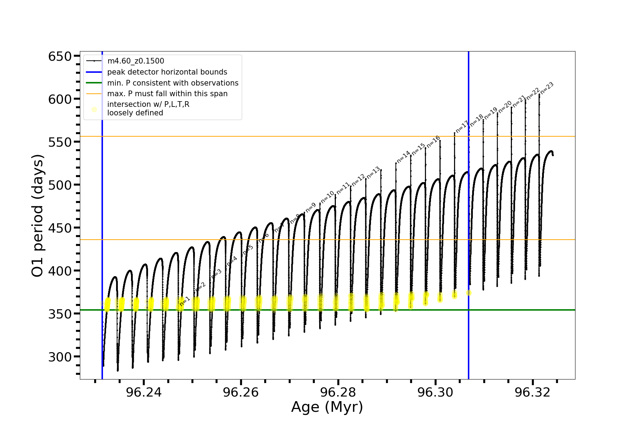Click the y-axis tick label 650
click(60, 56)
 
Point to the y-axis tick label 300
click(60, 357)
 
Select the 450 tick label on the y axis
click(60, 228)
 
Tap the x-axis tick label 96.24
click(143, 392)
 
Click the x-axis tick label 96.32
click(532, 392)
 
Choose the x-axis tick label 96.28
click(338, 392)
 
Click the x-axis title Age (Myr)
click(327, 407)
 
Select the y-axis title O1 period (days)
click(38, 215)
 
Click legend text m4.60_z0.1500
click(136, 61)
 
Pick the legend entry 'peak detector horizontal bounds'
click(167, 72)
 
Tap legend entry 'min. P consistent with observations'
click(173, 83)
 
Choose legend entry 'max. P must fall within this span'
click(167, 94)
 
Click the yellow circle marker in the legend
click(94, 109)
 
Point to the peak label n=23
click(547, 88)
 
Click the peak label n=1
click(185, 301)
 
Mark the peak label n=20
click(505, 106)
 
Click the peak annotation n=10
click(327, 197)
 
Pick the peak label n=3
click(216, 274)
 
